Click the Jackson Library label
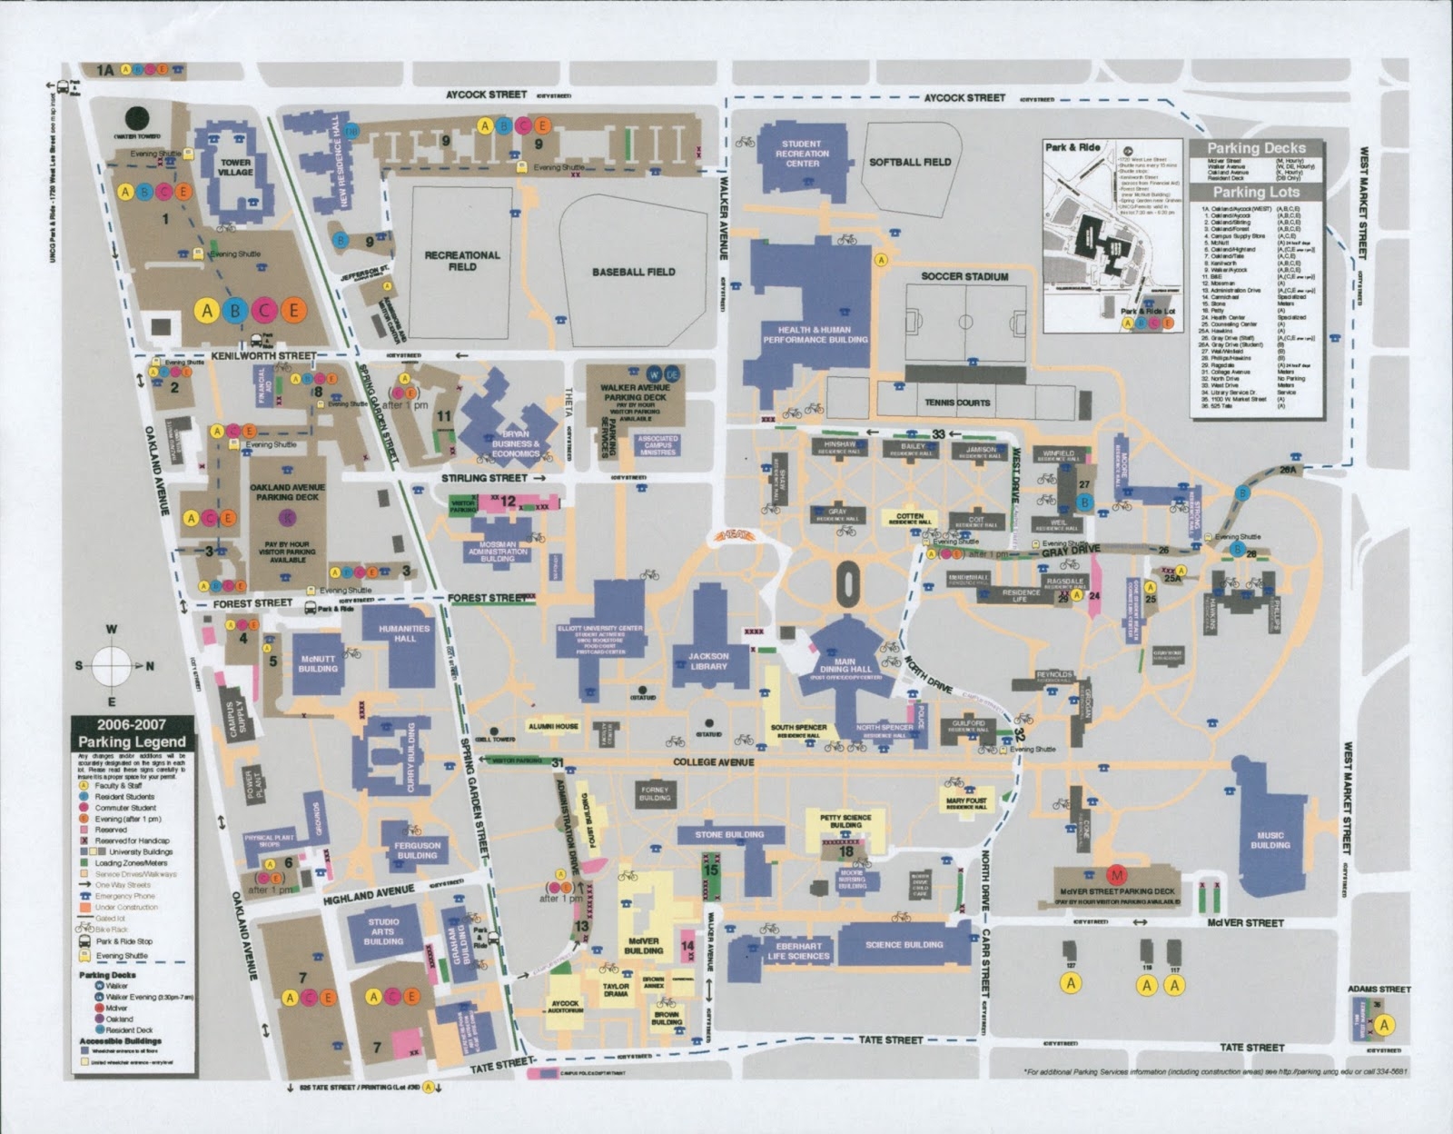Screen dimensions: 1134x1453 coord(708,661)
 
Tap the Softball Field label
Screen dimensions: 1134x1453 coord(910,162)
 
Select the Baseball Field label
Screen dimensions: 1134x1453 coord(633,272)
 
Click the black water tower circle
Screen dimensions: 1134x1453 coord(137,118)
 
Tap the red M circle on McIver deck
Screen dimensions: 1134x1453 coord(1118,875)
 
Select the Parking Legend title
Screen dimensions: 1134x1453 coord(133,733)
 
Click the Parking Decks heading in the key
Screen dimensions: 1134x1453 coord(1258,148)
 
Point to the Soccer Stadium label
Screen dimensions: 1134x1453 coord(964,276)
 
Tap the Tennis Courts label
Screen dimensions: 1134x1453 coord(957,402)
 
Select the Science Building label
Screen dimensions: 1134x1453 coord(904,945)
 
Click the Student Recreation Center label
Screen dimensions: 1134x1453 coord(802,154)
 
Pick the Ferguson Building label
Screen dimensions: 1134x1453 coord(417,850)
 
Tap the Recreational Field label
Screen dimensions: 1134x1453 coord(462,261)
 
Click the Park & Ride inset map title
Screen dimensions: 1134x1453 coord(1072,147)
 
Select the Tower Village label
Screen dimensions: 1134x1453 coord(235,167)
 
